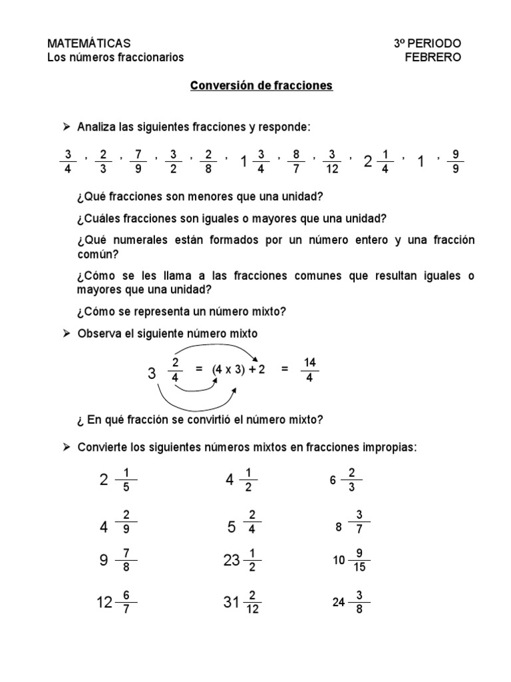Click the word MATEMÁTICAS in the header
[x=84, y=43]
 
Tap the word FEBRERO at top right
[x=432, y=57]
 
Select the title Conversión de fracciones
[x=261, y=87]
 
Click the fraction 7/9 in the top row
[x=138, y=161]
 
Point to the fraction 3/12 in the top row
[x=332, y=161]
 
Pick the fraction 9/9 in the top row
[x=455, y=161]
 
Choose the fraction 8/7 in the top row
[x=297, y=161]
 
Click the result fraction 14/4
[x=309, y=370]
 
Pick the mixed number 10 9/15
[x=351, y=561]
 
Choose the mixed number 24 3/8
[x=351, y=602]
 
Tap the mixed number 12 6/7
[x=116, y=602]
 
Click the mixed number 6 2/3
[x=345, y=480]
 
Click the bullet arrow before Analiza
[x=66, y=127]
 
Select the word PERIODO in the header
[x=438, y=43]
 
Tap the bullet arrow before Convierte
[x=66, y=448]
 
